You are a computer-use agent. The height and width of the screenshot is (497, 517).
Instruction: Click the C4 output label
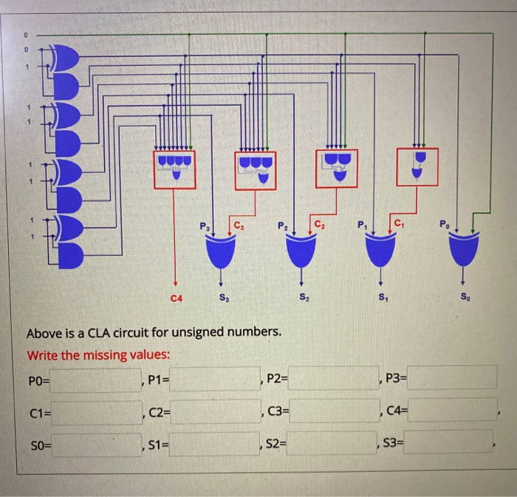175,298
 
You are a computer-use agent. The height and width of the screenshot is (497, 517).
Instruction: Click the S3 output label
224,298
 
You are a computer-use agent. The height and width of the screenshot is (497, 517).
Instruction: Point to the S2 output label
304,298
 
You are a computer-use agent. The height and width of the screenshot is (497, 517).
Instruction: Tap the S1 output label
382,298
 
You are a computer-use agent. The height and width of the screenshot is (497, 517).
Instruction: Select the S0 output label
463,298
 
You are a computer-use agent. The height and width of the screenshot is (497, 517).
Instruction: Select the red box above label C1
417,166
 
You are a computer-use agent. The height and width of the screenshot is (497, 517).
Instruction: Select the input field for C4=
452,409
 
